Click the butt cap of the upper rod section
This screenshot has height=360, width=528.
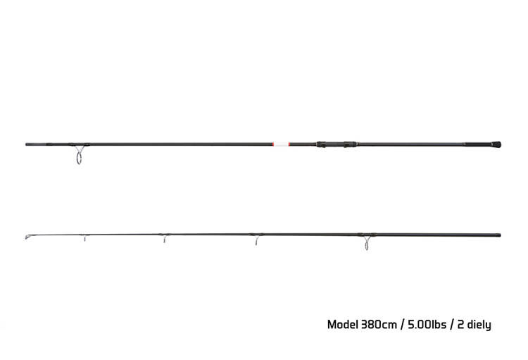point(496,144)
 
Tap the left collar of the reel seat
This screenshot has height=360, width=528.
point(321,144)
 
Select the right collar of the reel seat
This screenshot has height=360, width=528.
point(350,144)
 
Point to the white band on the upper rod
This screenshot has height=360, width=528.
point(280,144)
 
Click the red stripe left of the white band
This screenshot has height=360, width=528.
point(272,144)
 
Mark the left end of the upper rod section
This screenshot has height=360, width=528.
point(26,144)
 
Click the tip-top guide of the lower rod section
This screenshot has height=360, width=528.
point(27,237)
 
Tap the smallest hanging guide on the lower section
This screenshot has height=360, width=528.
point(84,238)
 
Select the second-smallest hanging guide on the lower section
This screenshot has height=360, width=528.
point(164,239)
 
